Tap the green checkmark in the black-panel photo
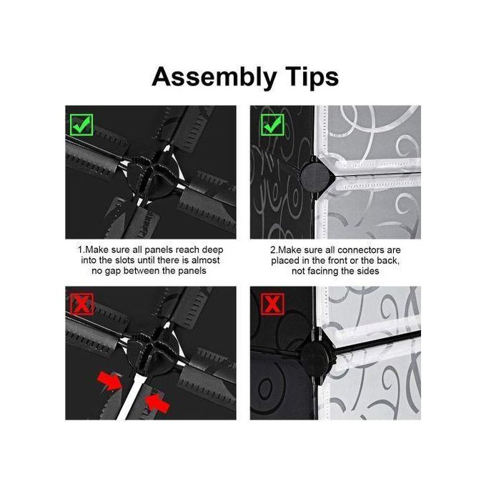pos(81,125)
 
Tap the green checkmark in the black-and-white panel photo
pos(272,125)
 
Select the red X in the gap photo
pos(81,304)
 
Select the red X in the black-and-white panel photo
pos(272,304)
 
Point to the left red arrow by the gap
pos(110,381)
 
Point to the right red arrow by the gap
pos(158,402)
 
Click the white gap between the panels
pos(131,396)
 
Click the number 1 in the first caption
pos(80,250)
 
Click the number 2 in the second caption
pos(273,250)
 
